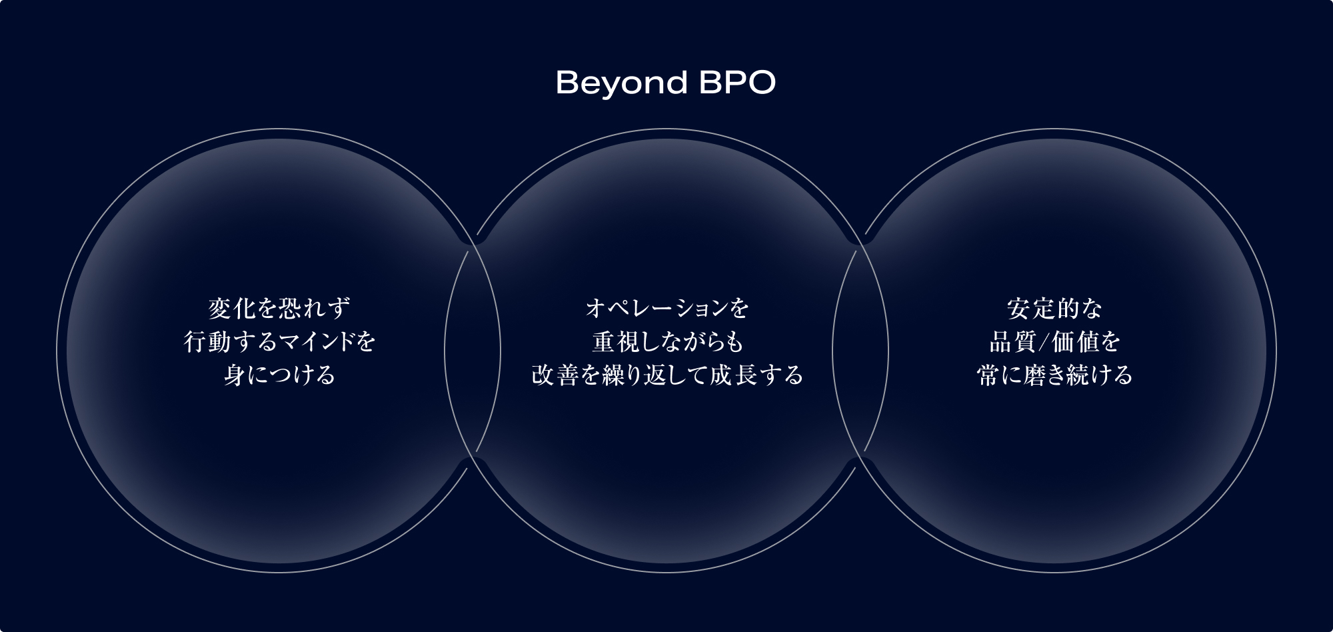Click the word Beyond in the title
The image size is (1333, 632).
point(621,84)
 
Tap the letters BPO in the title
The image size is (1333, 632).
point(738,83)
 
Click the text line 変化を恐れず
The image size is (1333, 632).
point(279,309)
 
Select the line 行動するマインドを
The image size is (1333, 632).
point(279,342)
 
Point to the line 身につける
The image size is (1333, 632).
point(279,375)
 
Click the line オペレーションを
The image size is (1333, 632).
point(667,309)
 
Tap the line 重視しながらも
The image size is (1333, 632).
point(667,342)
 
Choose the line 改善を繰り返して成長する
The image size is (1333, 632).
point(667,375)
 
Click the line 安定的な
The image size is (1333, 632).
point(1054,309)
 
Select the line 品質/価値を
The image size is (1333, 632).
point(1054,342)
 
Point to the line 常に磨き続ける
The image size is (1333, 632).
point(1054,375)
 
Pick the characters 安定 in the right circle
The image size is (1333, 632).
point(1030,309)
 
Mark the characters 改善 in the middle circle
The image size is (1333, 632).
point(555,375)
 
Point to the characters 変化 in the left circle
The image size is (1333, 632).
point(232,309)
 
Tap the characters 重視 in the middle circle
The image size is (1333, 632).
point(617,342)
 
